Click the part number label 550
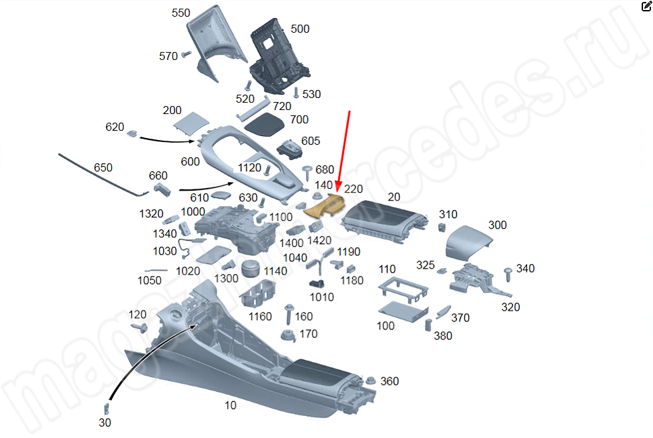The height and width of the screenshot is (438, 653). coord(181,13)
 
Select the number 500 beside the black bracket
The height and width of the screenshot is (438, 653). coord(300,29)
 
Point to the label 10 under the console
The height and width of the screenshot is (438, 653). coord(230,405)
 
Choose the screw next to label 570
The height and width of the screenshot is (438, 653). coord(186,55)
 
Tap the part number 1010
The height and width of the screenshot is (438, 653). coord(322,297)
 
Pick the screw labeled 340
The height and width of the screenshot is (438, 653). coord(508,272)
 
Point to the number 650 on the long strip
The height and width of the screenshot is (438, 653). coord(103,167)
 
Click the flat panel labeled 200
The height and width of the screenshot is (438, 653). coord(191,123)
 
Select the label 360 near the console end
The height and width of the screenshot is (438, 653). coord(389,381)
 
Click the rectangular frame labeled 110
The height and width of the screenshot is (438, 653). coord(402,289)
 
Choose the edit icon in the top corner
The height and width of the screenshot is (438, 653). coord(645,6)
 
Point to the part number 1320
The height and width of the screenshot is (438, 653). coord(151,213)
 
